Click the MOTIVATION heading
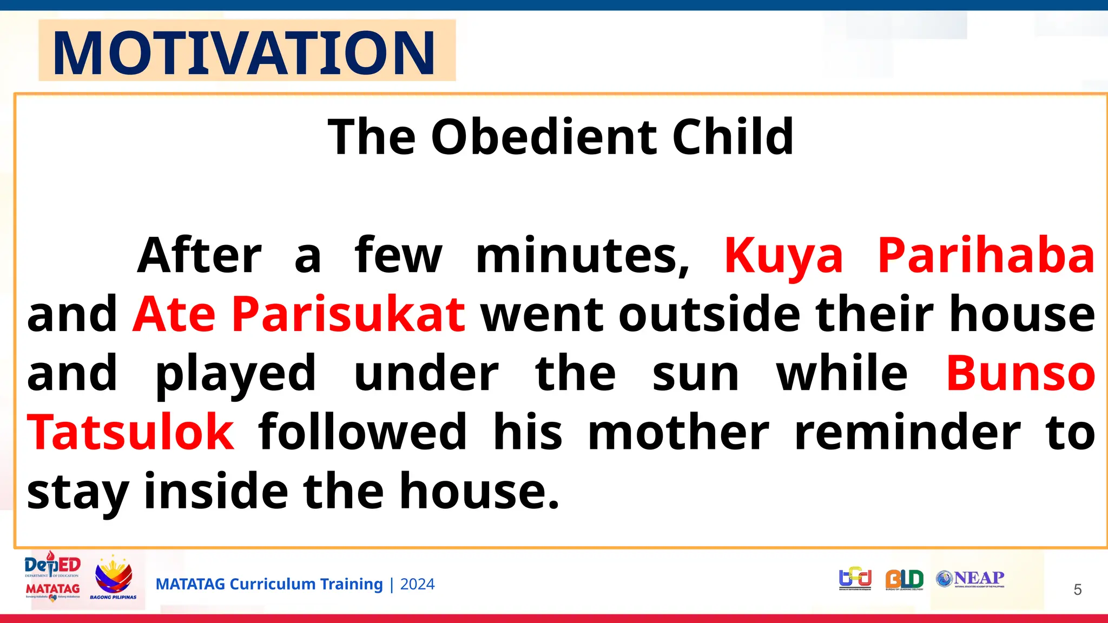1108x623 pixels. [x=244, y=53]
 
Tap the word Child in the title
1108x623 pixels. [x=733, y=137]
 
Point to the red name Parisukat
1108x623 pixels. [x=348, y=314]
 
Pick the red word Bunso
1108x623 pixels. [x=1020, y=373]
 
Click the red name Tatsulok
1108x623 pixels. [x=131, y=432]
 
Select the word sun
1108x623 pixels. [x=695, y=374]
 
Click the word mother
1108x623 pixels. [x=678, y=432]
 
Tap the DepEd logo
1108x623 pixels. [x=52, y=566]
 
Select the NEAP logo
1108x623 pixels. [x=971, y=579]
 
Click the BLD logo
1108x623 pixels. [x=904, y=579]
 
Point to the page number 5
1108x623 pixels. [x=1077, y=589]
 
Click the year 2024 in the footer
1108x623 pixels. [x=417, y=584]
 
